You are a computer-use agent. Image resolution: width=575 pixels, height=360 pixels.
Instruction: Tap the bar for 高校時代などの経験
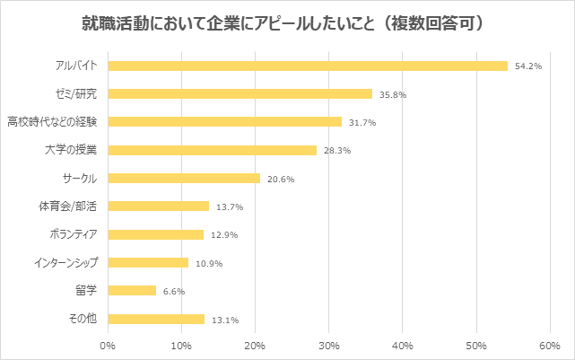point(225,121)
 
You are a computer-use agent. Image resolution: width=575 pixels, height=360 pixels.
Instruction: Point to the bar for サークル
point(184,178)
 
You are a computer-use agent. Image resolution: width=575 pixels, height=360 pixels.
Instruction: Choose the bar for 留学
point(132,291)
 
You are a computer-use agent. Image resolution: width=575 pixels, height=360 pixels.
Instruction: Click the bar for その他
point(156,319)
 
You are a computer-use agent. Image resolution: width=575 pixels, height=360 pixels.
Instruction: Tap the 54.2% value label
point(527,66)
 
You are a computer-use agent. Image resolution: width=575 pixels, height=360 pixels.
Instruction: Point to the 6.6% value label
point(173,292)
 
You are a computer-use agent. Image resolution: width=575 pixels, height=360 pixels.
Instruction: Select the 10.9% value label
point(208,264)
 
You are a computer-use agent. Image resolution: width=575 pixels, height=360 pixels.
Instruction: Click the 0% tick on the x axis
point(109,345)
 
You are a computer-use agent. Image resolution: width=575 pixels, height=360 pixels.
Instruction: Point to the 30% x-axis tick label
point(329,345)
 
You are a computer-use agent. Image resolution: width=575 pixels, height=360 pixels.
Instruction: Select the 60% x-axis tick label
point(550,345)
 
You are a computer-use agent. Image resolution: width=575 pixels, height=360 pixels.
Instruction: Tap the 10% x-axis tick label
point(182,345)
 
